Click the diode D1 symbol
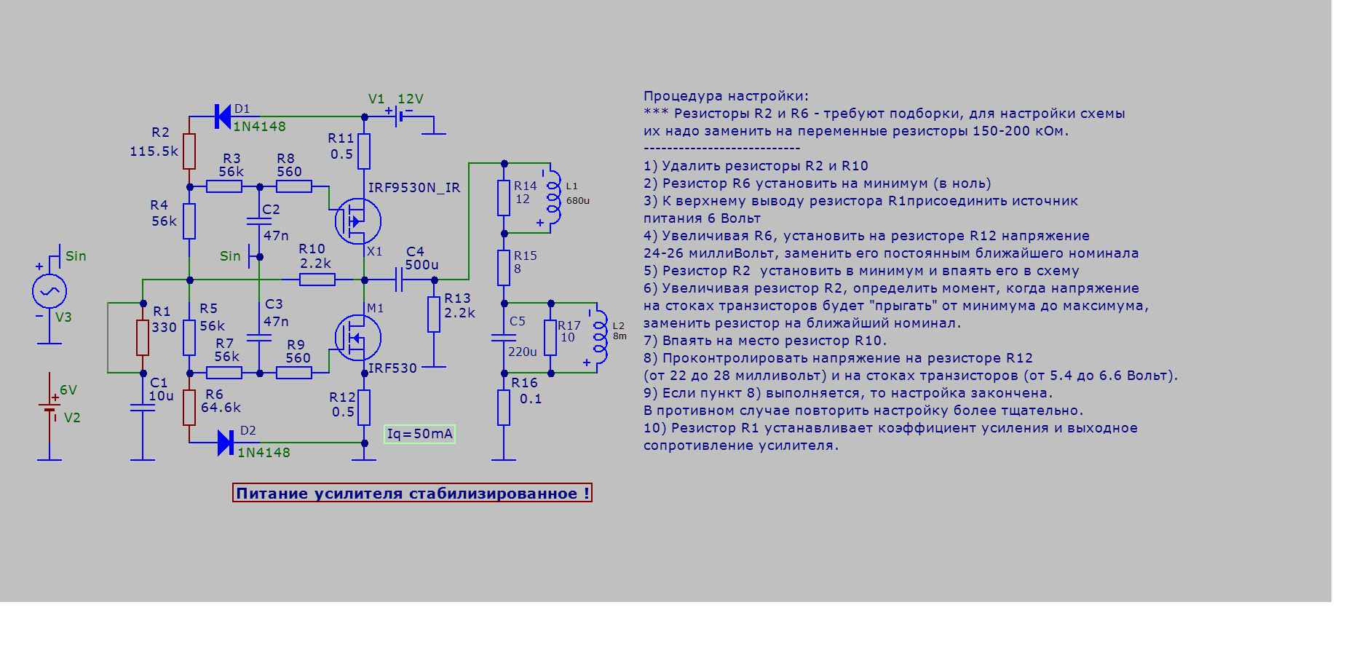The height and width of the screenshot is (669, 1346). (x=223, y=116)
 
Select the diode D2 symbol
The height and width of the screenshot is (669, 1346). (x=226, y=442)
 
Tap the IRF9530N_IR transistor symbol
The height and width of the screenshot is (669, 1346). (x=357, y=221)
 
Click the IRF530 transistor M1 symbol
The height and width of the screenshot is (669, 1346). (x=357, y=337)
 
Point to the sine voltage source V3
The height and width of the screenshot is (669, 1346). (x=50, y=292)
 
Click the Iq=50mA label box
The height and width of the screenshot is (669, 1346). (x=419, y=434)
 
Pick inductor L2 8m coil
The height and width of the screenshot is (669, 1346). (x=600, y=337)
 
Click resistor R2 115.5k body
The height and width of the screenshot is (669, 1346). (x=189, y=151)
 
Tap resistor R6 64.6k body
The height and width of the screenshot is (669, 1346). (x=189, y=407)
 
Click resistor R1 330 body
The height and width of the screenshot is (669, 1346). (x=143, y=337)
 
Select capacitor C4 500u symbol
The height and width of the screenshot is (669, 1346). (x=399, y=280)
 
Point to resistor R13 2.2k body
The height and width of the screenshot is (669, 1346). (x=434, y=314)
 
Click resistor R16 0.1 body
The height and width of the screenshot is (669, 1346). (x=504, y=407)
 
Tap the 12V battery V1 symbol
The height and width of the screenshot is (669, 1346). (x=399, y=115)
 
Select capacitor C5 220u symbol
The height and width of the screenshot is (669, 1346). (x=504, y=337)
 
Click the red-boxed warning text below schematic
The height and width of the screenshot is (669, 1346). (x=412, y=493)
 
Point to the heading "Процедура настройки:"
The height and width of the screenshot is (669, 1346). (x=726, y=96)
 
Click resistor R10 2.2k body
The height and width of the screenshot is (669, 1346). (x=317, y=280)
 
